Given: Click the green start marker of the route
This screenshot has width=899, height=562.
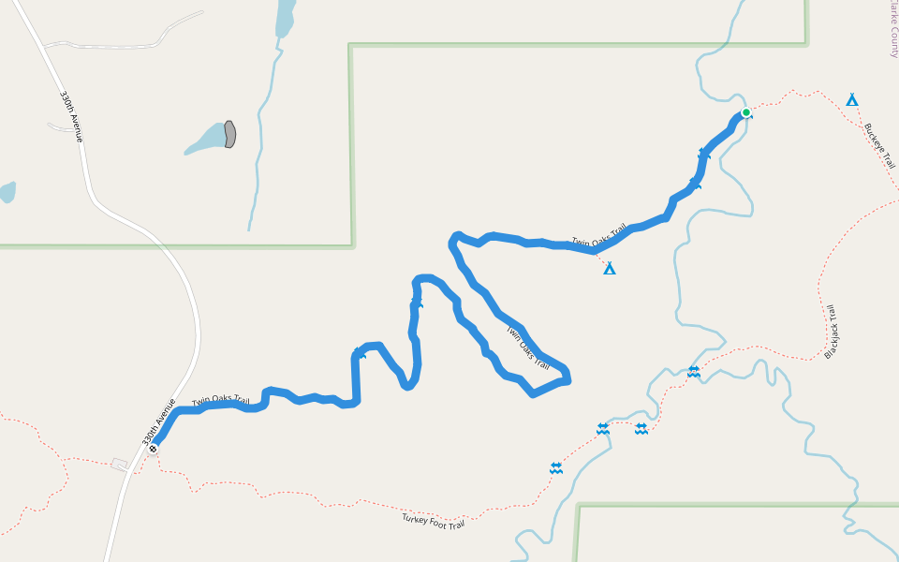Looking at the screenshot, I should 746,113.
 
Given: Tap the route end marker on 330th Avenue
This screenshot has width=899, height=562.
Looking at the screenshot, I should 153,449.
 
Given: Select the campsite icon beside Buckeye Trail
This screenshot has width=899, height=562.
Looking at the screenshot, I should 852,99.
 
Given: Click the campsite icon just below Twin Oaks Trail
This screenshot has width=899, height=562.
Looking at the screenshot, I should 610,269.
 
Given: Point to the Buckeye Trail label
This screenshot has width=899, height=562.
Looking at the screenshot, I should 879,146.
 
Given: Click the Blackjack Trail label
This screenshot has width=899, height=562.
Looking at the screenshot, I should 831,332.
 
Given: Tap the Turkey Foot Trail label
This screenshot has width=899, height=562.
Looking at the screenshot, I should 434,521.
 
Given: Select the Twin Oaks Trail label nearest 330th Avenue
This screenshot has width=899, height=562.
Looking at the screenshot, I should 221,401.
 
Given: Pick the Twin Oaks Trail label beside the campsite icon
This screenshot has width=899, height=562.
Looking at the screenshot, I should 598,238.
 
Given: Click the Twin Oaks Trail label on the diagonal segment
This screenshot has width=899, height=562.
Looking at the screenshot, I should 527,348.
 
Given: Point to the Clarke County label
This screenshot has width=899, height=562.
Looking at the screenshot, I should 893,28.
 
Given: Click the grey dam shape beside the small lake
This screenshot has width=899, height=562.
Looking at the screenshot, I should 229,134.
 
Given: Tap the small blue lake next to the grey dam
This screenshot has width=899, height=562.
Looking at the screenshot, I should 207,140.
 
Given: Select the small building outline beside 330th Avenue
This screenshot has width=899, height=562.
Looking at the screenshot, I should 119,464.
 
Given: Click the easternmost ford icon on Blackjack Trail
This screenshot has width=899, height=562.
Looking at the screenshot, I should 693,372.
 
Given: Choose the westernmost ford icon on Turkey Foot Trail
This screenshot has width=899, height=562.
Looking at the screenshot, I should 556,467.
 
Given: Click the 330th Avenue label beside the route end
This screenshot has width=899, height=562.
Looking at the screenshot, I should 159,421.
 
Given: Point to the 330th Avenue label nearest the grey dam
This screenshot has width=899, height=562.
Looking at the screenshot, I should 72,116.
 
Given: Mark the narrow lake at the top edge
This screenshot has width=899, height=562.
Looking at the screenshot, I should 285,18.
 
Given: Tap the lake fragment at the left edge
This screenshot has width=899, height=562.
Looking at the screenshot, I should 7,192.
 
